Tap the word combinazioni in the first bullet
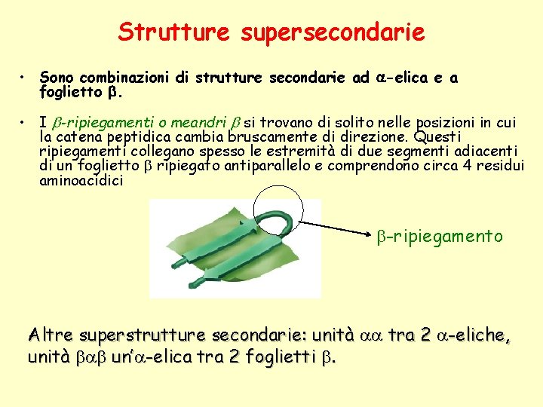123,78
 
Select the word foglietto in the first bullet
70,95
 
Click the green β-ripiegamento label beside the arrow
440,237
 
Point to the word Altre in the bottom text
50,335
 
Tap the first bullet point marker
25,78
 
